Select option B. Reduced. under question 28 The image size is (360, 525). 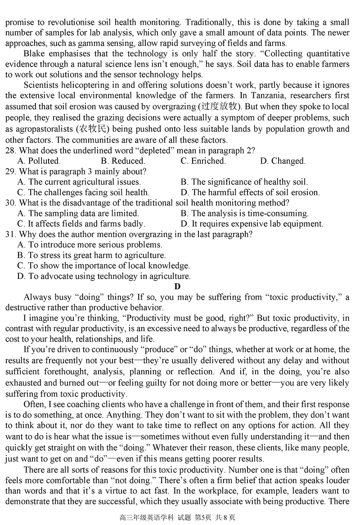click(122, 161)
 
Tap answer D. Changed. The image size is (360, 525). click(283, 161)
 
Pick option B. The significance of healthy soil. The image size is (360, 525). click(244, 182)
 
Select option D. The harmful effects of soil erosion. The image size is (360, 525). click(250, 193)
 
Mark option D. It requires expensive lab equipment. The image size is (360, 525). click(252, 224)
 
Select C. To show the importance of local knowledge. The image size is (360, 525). click(103, 266)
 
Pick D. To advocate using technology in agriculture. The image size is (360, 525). click(104, 276)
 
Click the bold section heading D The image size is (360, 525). click(177, 287)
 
